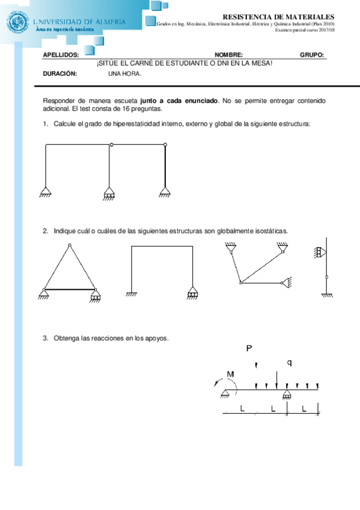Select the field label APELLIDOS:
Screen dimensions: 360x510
click(61, 55)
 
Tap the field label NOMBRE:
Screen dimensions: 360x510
click(228, 55)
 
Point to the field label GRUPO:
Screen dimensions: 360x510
click(312, 55)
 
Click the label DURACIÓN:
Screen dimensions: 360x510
click(60, 73)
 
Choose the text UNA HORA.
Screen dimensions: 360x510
click(124, 73)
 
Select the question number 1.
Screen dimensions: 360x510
click(45, 123)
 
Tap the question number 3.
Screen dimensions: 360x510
click(45, 338)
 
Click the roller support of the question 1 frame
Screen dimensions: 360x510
click(109, 193)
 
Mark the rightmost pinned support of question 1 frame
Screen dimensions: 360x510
click(165, 192)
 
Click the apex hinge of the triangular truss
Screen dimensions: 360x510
click(70, 245)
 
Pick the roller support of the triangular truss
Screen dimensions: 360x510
click(96, 295)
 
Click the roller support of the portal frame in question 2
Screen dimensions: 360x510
click(192, 293)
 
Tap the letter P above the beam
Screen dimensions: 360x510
click(250, 348)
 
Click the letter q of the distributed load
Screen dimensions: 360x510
click(289, 362)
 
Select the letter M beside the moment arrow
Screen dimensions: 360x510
click(230, 375)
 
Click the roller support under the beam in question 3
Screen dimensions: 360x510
click(287, 395)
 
